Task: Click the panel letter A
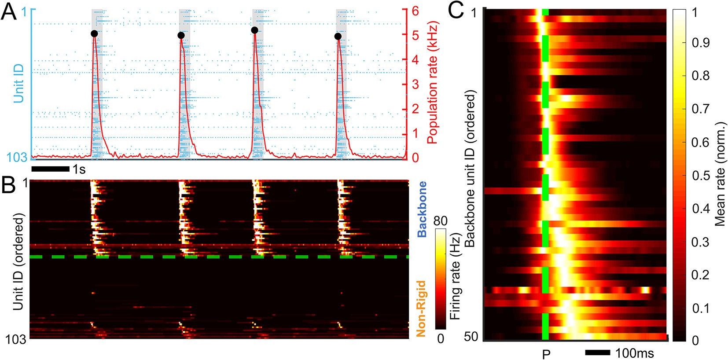(9, 11)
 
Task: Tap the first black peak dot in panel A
(94, 34)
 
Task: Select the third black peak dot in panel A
(254, 30)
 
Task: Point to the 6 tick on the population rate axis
(415, 11)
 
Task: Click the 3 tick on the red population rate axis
(415, 84)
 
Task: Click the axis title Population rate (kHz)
(433, 82)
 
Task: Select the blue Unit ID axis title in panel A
(18, 84)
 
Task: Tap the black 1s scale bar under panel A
(51, 169)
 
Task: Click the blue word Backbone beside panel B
(422, 209)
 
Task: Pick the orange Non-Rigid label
(421, 308)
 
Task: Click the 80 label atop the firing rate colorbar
(441, 221)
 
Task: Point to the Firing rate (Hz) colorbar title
(455, 277)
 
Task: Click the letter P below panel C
(546, 354)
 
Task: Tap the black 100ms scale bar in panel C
(597, 353)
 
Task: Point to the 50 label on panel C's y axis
(471, 337)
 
